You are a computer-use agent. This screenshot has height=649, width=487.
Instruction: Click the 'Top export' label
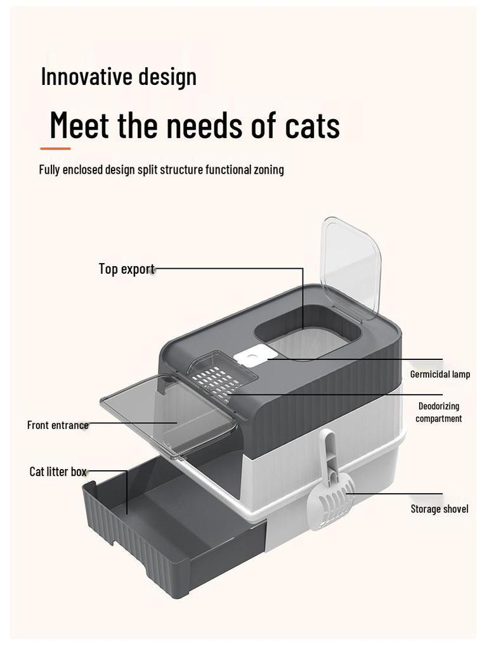tap(126, 269)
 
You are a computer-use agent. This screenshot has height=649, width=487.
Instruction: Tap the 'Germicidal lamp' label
tap(439, 375)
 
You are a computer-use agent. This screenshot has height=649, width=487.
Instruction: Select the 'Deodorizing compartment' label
tap(439, 412)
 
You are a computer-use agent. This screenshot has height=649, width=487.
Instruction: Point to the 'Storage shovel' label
tap(439, 509)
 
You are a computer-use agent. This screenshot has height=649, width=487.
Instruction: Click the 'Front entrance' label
tap(58, 425)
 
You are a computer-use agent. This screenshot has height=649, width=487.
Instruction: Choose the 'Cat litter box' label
tap(58, 472)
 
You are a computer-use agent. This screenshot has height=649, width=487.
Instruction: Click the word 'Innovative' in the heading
tap(87, 77)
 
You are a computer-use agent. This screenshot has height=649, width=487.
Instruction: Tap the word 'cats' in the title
tap(312, 125)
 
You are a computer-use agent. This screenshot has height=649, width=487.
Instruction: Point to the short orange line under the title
tap(55, 149)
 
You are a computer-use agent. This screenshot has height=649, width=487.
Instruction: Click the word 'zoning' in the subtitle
tap(269, 170)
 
